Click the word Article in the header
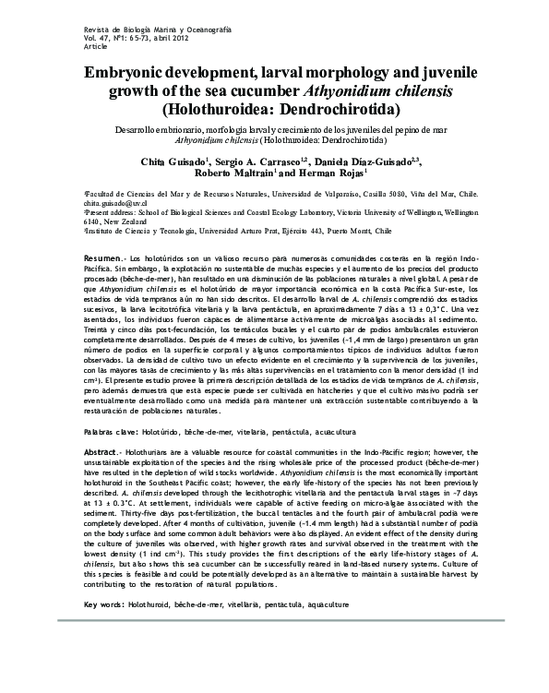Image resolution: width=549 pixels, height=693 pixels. pyautogui.click(x=70, y=44)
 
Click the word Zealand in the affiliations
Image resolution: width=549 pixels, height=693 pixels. pyautogui.click(x=132, y=222)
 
